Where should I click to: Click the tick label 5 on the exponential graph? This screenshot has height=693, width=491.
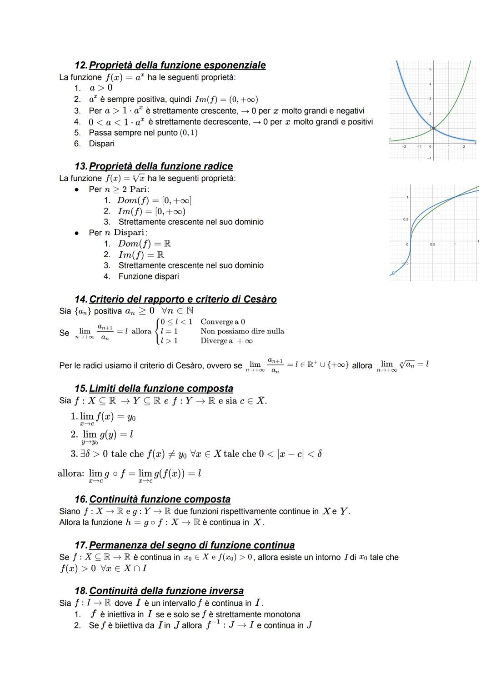click(430, 69)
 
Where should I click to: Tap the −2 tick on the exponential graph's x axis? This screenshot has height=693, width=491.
click(404, 147)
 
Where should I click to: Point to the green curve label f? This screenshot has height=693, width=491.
click(390, 139)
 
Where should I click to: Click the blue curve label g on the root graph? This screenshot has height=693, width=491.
click(393, 273)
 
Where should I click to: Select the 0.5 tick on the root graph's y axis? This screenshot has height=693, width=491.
click(405, 219)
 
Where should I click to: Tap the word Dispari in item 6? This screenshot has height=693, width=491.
click(101, 144)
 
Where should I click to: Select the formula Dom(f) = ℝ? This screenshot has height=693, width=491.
click(144, 244)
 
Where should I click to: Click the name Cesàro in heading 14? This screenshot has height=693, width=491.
click(260, 299)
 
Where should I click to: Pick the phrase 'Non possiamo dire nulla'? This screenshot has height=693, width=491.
click(242, 331)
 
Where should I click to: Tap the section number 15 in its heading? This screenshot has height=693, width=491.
click(80, 389)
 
